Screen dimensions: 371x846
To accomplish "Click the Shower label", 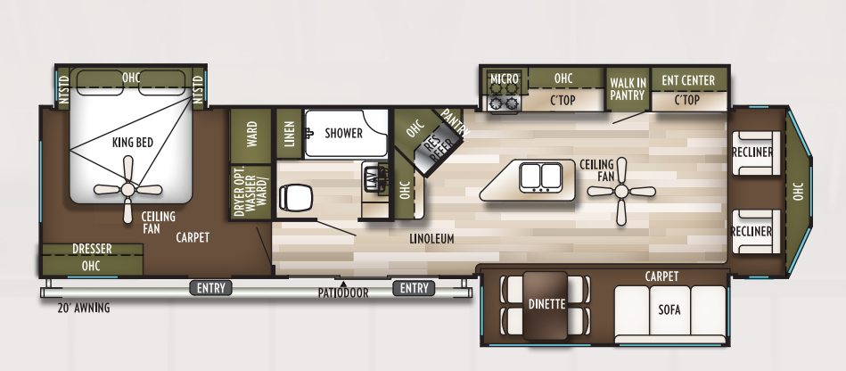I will [343, 133].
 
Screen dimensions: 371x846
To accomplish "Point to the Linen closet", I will [288, 133].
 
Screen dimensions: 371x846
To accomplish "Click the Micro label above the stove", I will [504, 79].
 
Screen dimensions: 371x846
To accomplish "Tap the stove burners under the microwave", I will [504, 101].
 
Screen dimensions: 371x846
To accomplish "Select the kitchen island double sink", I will [539, 176].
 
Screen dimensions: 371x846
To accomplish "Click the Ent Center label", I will [687, 80].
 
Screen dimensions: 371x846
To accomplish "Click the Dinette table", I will [546, 304].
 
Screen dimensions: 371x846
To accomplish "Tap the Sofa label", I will [669, 309].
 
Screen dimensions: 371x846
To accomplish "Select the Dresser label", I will [92, 249].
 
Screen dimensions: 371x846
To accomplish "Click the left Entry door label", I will [210, 287].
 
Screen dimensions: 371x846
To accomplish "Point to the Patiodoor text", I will [343, 293].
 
